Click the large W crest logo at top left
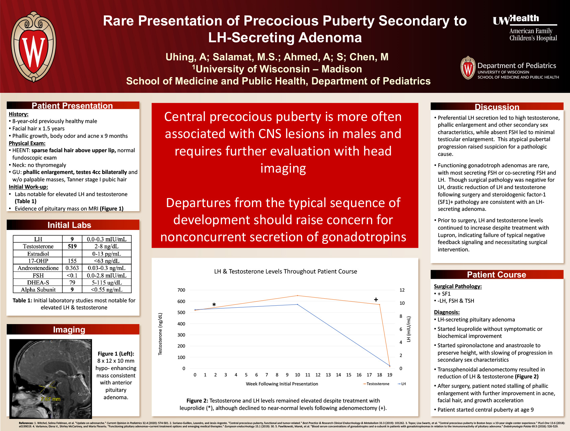click(x=33, y=47)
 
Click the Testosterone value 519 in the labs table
click(x=72, y=246)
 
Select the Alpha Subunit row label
click(x=38, y=290)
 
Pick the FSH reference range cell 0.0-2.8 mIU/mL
click(x=106, y=275)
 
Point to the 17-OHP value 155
click(x=72, y=261)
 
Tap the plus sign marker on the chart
click(x=376, y=300)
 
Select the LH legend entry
click(x=403, y=384)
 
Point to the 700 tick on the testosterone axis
click(x=181, y=290)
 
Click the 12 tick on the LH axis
click(x=402, y=290)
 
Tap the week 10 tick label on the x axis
click(x=297, y=375)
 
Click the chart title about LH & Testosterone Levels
click(x=285, y=271)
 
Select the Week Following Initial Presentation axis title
click(x=282, y=384)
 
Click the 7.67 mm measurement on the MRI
click(x=51, y=399)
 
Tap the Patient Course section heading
click(x=496, y=275)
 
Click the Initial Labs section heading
click(x=69, y=225)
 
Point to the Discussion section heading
click(x=497, y=107)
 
